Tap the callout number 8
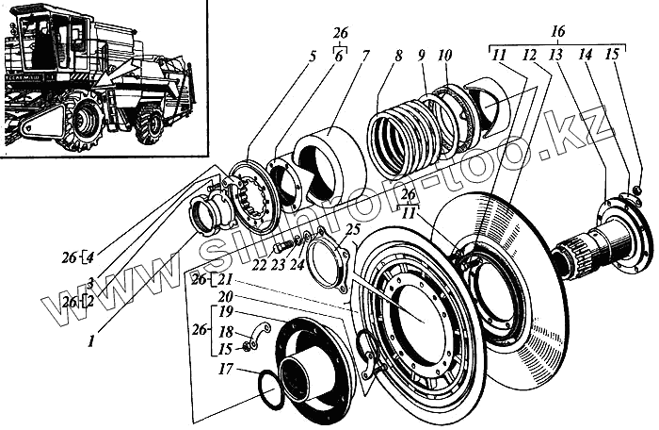398,57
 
